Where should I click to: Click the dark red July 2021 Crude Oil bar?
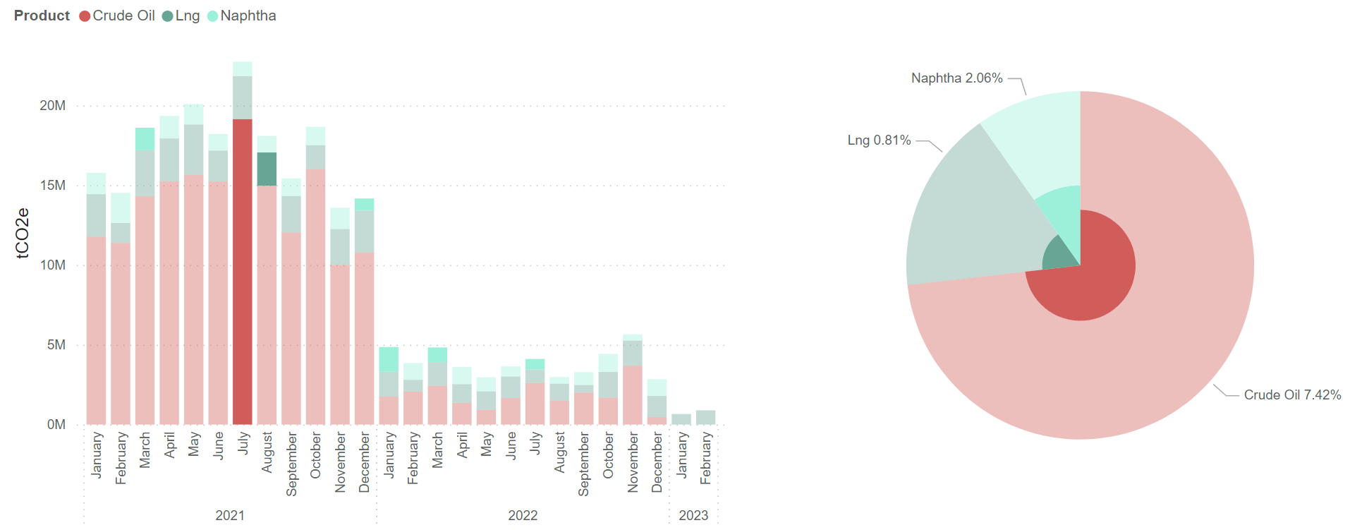pos(243,272)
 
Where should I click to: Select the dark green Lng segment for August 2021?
pos(267,169)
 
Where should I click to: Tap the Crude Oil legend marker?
pos(85,16)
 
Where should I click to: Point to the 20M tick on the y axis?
pos(53,106)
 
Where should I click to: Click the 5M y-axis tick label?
pos(56,345)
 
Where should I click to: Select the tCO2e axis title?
pos(23,233)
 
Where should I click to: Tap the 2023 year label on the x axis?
pos(693,515)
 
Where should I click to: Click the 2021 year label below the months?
pos(230,515)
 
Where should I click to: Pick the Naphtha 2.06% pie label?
pos(956,78)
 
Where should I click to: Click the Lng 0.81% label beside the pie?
pos(879,140)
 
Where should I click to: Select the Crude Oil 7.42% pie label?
pos(1292,395)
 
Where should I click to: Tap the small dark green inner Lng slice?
pos(1058,255)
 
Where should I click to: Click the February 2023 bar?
pos(705,417)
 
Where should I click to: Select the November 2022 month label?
pos(633,463)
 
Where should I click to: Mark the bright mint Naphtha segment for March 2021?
pos(145,139)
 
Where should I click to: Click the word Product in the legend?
pos(42,16)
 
